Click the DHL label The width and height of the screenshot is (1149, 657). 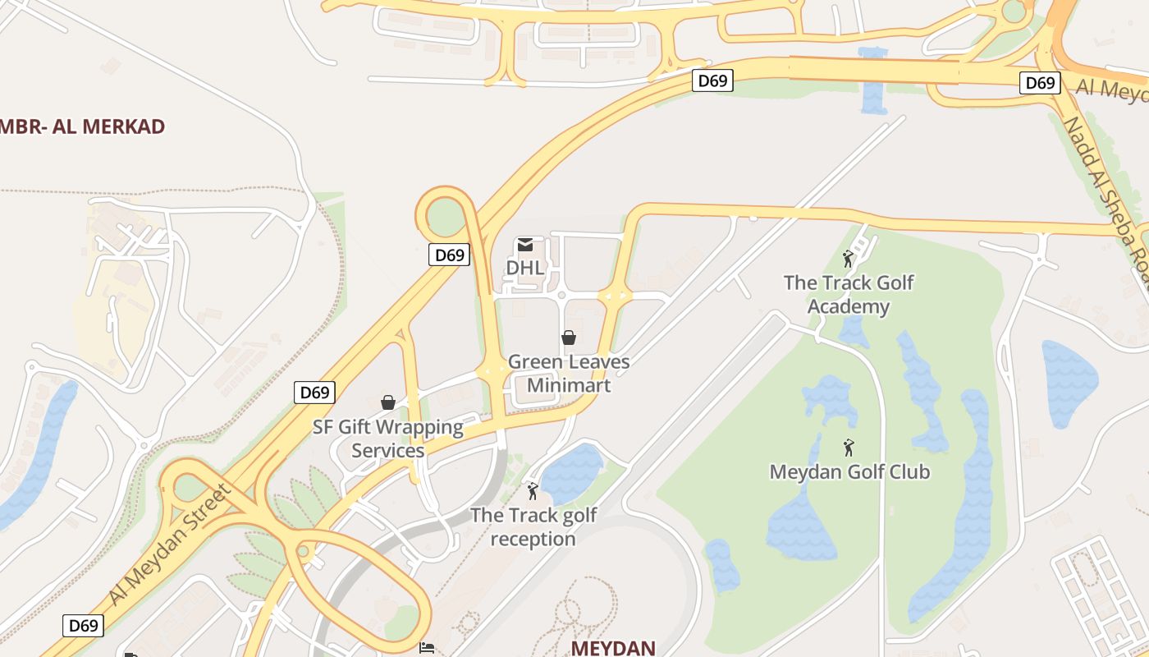tap(524, 268)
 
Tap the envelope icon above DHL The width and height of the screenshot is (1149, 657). tap(525, 245)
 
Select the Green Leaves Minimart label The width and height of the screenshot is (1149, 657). tap(569, 373)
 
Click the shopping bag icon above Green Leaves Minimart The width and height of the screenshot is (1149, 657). tap(568, 337)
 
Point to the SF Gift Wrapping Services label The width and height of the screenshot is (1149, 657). tap(388, 439)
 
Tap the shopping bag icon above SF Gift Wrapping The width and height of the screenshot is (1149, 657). tap(388, 402)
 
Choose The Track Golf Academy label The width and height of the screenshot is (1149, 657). tap(849, 294)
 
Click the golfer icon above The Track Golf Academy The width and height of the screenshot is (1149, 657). tap(849, 260)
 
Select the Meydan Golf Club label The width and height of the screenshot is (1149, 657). tap(849, 472)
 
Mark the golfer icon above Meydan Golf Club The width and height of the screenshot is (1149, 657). tap(849, 448)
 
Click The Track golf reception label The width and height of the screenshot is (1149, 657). tap(533, 527)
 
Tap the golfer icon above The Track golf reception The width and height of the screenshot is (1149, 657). tap(533, 491)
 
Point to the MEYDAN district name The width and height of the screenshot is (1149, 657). tap(613, 647)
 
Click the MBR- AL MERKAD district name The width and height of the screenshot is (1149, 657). tap(83, 126)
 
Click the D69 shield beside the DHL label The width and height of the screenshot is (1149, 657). tap(449, 255)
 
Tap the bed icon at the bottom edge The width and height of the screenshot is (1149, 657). tap(427, 649)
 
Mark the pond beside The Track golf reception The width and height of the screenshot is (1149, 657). tap(571, 474)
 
